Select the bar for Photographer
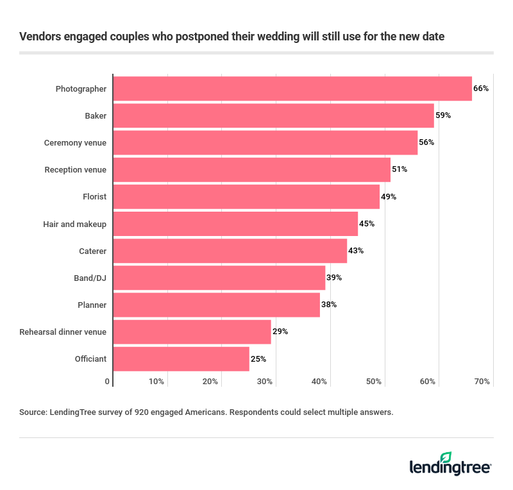[292, 89]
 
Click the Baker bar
[273, 115]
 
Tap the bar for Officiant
[181, 359]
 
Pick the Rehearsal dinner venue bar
[192, 332]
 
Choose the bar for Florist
[246, 196]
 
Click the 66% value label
[482, 89]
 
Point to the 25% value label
[258, 359]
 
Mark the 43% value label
[356, 251]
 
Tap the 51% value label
[399, 169]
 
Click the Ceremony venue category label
[75, 142]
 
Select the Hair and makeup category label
[74, 224]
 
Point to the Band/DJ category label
[90, 278]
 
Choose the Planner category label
[92, 305]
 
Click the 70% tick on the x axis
[482, 382]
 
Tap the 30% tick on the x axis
[265, 382]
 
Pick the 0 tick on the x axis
[107, 382]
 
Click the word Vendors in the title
[40, 37]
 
